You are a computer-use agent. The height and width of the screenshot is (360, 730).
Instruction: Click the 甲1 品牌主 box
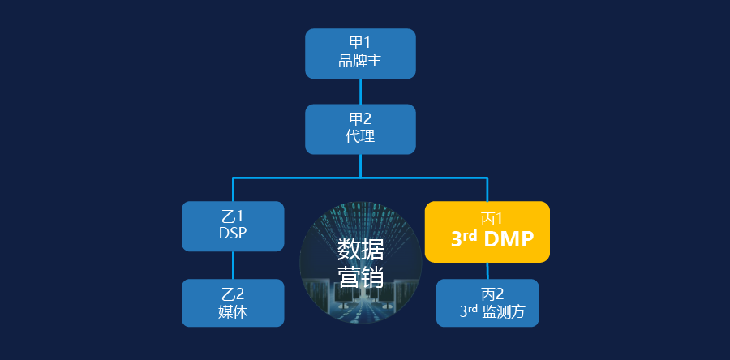360,54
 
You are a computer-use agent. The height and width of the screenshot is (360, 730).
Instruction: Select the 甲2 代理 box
360,129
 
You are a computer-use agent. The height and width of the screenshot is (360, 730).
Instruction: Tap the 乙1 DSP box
233,226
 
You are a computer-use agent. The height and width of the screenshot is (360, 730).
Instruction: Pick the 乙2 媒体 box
233,302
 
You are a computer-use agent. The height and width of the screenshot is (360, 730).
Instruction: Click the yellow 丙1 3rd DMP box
487,232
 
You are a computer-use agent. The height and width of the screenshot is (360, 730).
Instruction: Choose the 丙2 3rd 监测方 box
487,302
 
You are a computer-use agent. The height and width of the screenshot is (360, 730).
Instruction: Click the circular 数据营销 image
360,263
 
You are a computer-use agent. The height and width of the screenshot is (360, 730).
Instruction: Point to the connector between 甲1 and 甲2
360,91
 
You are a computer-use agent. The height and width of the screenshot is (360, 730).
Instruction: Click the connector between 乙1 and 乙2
233,265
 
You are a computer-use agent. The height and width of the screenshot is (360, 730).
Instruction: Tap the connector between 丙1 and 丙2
487,271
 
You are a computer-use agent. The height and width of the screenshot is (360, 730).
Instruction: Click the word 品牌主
360,61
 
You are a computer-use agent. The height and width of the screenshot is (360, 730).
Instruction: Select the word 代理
360,136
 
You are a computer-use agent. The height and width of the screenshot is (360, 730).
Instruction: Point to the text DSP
233,233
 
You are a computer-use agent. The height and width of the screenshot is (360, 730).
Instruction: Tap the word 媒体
233,311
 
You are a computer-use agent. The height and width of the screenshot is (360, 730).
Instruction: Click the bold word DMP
509,239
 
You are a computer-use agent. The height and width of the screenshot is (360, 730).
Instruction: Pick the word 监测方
504,311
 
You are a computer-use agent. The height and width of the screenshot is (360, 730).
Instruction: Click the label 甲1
360,43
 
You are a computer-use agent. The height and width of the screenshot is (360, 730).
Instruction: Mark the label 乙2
233,294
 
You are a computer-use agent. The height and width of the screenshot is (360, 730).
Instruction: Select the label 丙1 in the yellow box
492,218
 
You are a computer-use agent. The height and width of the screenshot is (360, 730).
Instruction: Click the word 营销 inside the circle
360,277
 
